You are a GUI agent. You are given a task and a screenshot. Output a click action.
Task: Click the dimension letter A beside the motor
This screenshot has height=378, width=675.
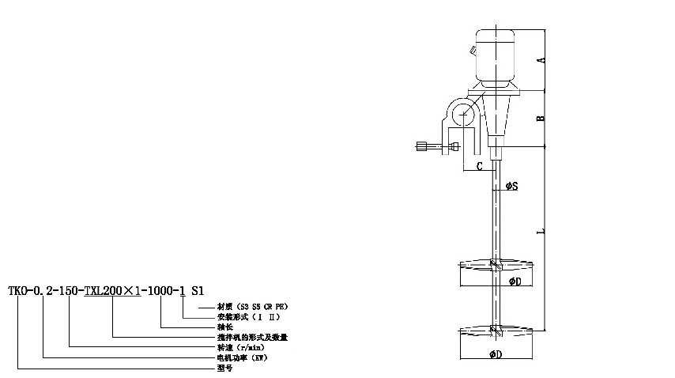pos(540,60)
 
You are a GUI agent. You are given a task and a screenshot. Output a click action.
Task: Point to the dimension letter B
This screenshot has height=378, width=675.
pos(540,118)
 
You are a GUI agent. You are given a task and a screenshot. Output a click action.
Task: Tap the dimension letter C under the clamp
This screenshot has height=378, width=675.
pos(480,166)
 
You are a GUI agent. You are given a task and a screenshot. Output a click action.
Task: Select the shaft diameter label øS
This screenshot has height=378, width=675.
pos(511,187)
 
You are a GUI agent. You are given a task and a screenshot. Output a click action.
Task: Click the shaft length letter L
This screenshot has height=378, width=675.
pos(540,232)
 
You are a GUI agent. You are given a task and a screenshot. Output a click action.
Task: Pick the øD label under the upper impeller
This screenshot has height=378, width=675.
pos(515,281)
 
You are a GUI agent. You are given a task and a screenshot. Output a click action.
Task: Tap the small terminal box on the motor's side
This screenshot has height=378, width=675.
pos(472,53)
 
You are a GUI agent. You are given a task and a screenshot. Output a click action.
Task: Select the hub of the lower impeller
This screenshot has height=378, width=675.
pos(494,329)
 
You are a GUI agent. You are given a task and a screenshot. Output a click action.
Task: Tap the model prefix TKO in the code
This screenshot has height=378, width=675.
pos(17,290)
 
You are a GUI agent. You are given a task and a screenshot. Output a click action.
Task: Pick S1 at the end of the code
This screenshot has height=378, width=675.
pos(198,290)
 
